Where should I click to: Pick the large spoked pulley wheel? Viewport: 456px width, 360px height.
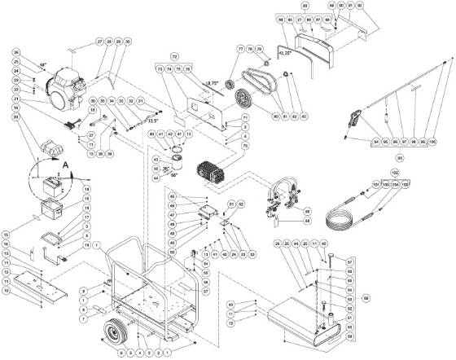241,101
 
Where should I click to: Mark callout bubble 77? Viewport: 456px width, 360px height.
241,50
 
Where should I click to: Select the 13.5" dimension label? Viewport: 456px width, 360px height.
152,121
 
